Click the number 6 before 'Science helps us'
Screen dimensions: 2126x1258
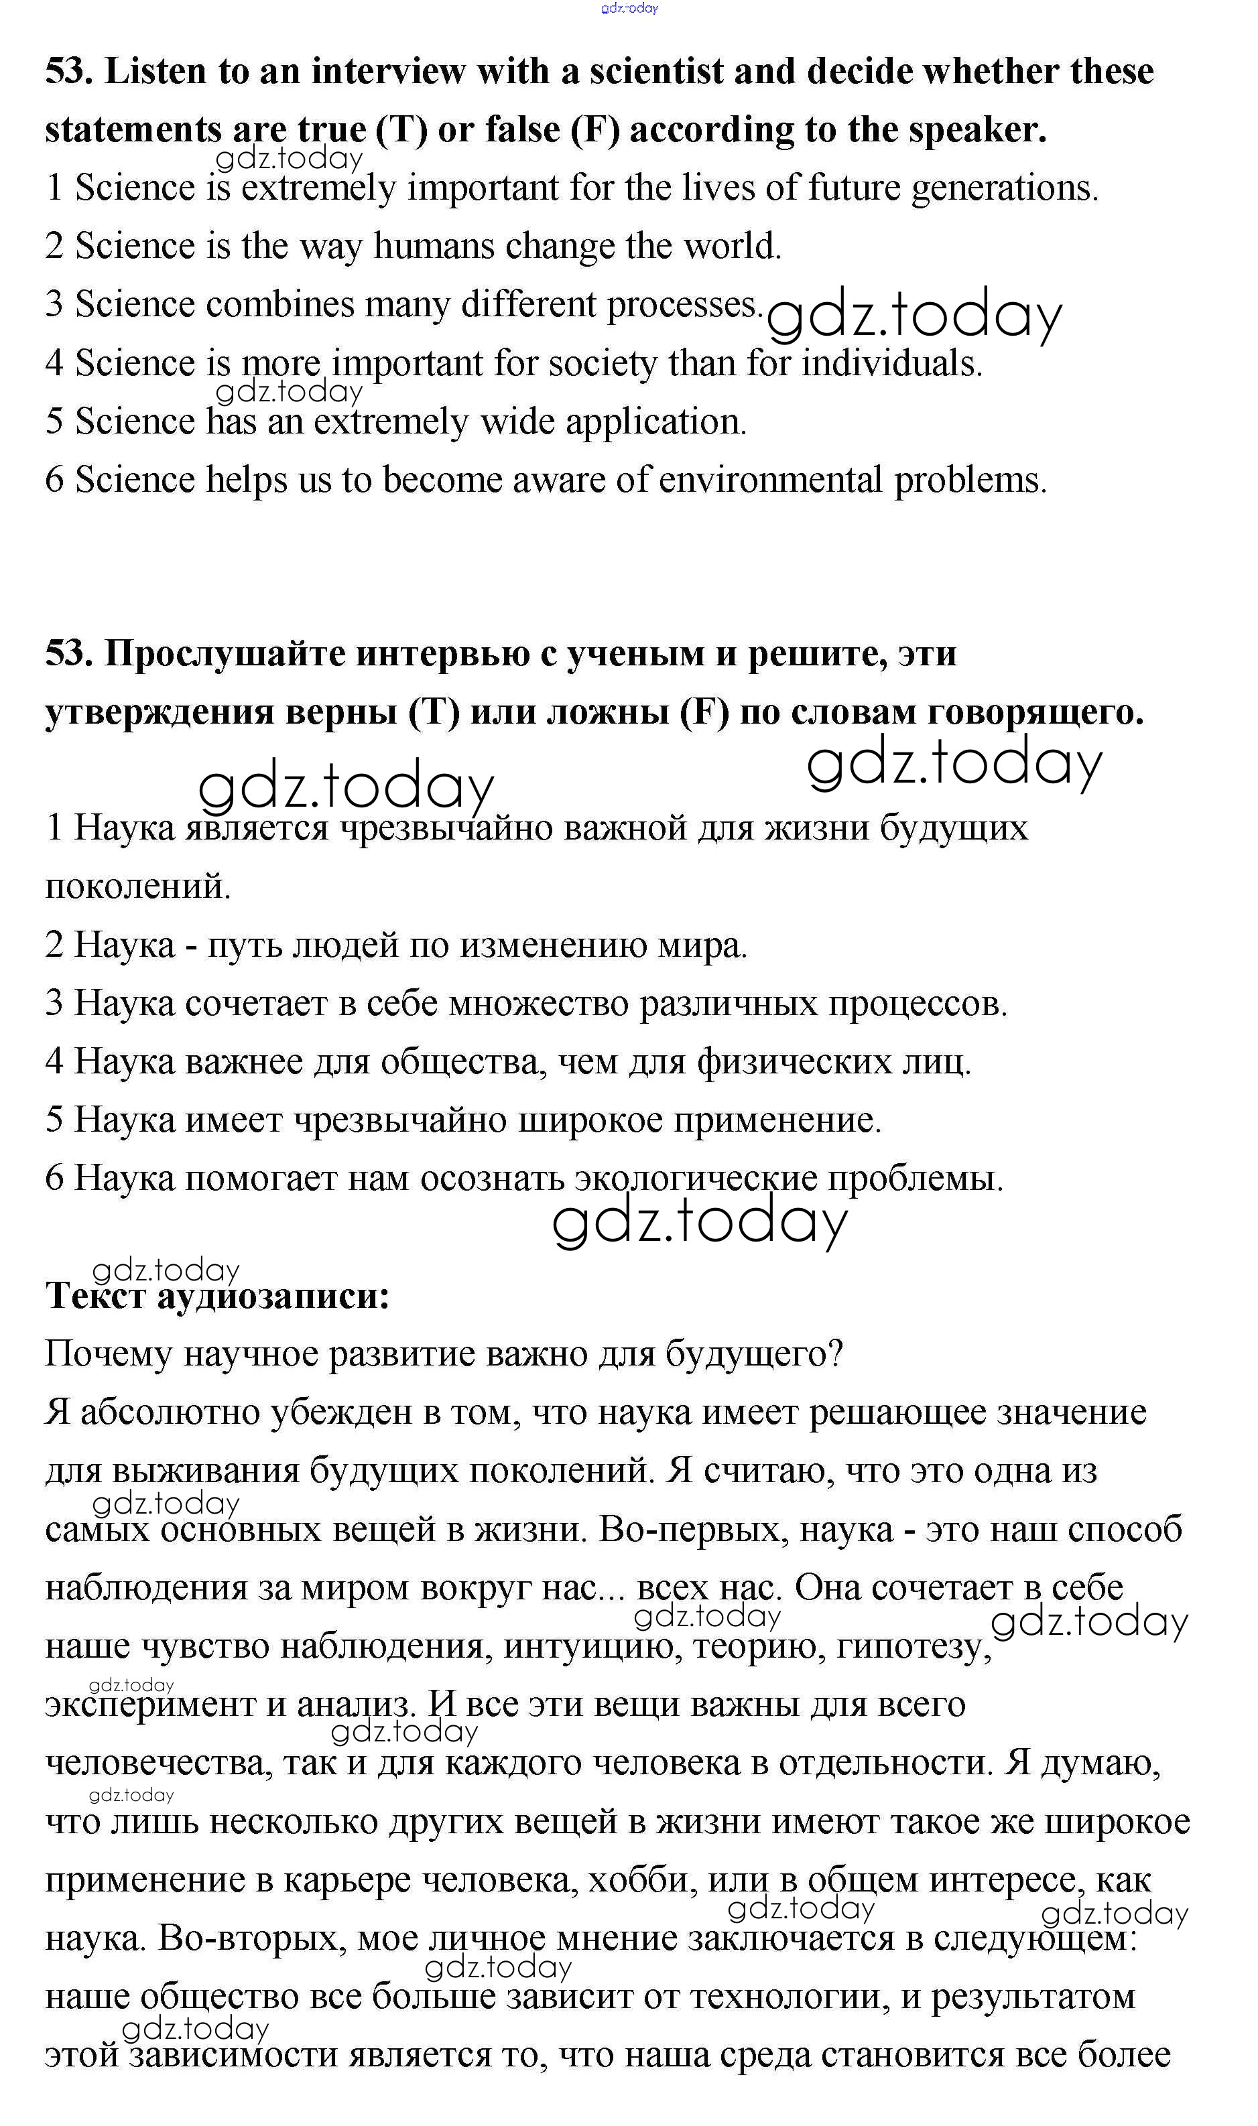click(54, 480)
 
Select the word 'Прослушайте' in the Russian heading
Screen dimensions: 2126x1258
click(224, 653)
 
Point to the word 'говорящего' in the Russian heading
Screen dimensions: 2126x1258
click(1035, 712)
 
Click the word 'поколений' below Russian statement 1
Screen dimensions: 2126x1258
click(137, 886)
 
